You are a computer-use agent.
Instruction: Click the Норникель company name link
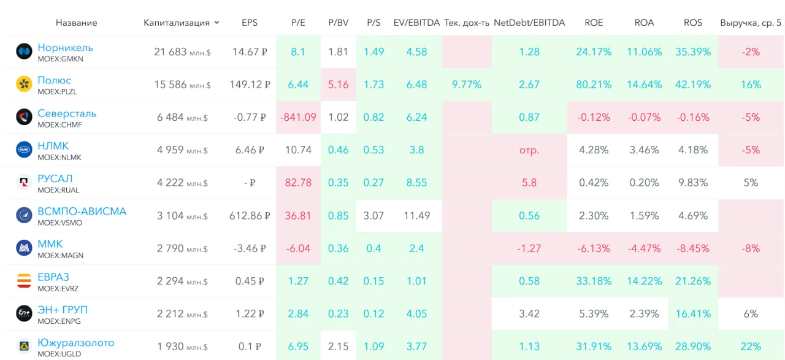(x=65, y=47)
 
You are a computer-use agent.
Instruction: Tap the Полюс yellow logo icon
(x=24, y=84)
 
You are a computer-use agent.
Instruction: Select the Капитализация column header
(x=176, y=23)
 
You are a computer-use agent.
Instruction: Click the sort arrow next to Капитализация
(x=216, y=23)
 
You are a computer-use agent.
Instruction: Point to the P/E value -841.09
(x=298, y=117)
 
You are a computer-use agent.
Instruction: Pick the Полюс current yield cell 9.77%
(x=467, y=85)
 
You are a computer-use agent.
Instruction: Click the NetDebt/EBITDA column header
(x=529, y=23)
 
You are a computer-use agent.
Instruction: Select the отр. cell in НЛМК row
(x=529, y=150)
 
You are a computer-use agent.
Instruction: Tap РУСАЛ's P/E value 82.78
(x=298, y=183)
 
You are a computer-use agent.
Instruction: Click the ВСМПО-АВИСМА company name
(x=82, y=212)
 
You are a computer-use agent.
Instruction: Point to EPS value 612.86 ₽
(x=250, y=216)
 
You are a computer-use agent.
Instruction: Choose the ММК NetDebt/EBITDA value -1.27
(x=529, y=248)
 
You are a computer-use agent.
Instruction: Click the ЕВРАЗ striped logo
(x=24, y=281)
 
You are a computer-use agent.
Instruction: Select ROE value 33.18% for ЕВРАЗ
(x=594, y=281)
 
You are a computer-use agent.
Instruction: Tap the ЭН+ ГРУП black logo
(x=24, y=313)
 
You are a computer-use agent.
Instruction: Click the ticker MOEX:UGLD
(x=59, y=354)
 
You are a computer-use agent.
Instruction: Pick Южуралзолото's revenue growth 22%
(x=751, y=347)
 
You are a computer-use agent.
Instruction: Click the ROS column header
(x=693, y=23)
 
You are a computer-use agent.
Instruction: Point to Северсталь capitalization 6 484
(x=170, y=117)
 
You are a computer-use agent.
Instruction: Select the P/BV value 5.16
(x=338, y=85)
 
